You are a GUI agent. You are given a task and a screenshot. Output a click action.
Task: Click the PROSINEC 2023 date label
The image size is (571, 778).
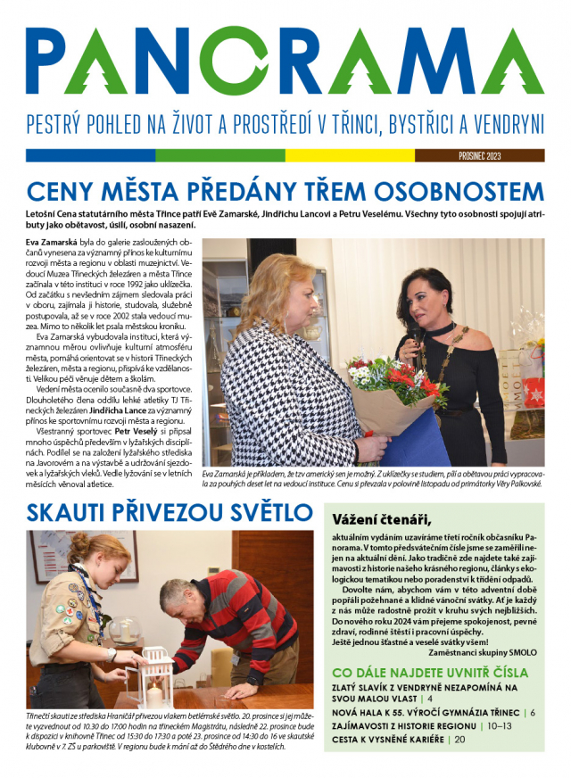478,155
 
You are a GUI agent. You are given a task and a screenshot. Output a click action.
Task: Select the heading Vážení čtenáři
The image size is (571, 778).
381,520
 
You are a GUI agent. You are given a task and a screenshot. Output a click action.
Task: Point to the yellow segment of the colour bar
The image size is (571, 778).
350,155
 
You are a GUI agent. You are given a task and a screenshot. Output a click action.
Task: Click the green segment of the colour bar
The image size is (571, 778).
220,155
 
